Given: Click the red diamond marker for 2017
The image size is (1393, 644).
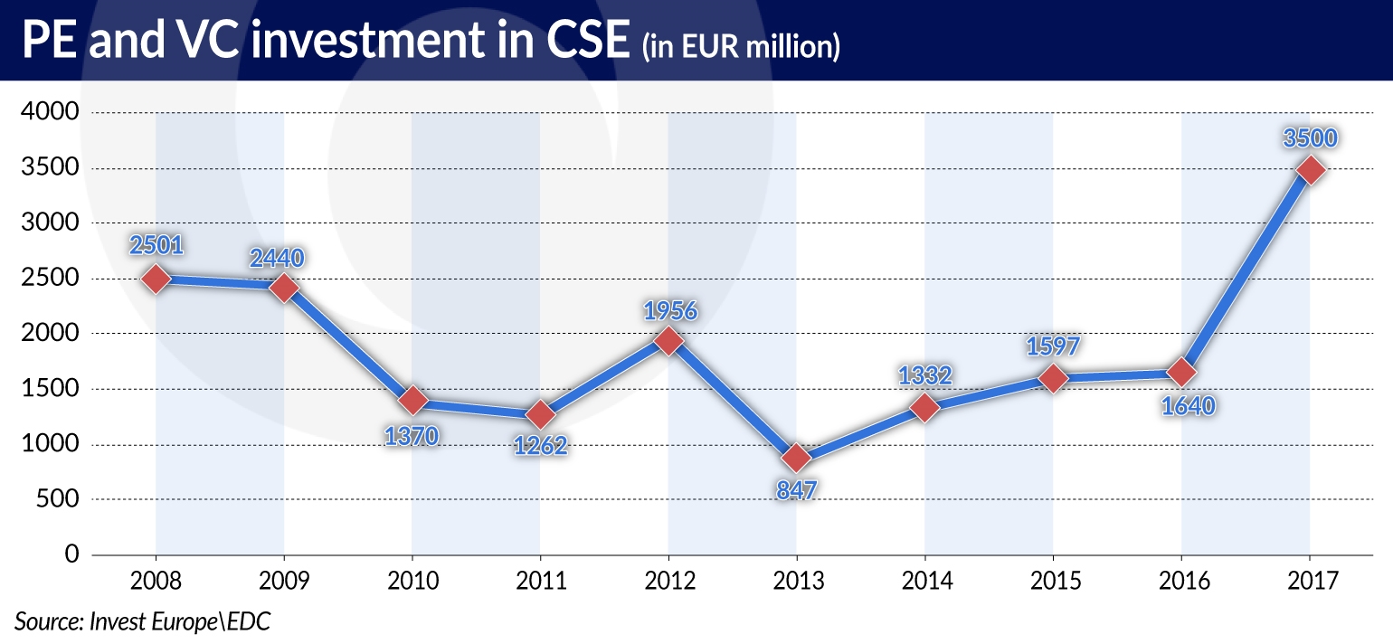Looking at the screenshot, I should point(1309,170).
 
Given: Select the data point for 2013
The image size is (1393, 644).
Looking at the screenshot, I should point(796,458).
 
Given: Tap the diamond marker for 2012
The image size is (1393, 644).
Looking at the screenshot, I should point(668,341).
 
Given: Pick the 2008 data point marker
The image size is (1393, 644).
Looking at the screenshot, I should point(156,279).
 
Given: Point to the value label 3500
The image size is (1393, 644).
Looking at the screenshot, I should point(1309,138).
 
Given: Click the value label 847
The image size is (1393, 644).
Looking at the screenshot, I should point(796,490).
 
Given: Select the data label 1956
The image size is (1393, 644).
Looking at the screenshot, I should point(670,310).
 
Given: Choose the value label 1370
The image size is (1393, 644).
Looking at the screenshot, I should point(412,436).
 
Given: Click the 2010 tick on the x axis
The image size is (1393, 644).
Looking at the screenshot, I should point(412,579).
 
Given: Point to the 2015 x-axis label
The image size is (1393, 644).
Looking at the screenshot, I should point(1053,579).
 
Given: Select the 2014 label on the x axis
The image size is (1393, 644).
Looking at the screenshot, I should point(924,579).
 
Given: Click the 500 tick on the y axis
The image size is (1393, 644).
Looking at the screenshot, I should point(59,499).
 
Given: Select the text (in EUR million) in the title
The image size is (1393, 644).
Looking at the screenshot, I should point(741,46).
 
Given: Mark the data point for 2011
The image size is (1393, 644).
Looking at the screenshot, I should point(540,415).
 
